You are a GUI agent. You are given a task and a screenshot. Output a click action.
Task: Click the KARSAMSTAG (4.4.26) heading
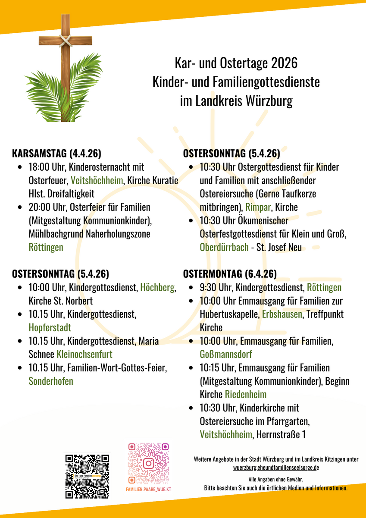[56, 153]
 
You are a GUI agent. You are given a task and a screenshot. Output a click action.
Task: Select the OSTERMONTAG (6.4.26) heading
[230, 274]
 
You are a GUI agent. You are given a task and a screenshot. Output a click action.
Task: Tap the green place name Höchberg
[157, 288]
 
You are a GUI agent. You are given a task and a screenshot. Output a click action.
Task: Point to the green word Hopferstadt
[50, 327]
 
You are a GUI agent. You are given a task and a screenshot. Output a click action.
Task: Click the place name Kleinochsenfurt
[84, 355]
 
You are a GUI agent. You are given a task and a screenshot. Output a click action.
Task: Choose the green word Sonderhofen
[51, 381]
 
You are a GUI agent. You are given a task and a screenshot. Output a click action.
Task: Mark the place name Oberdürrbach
[224, 248]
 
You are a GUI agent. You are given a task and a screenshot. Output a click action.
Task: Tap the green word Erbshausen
[282, 314]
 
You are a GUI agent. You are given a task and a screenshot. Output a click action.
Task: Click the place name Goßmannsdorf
[225, 355]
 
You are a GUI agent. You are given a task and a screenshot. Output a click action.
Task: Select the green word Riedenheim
[245, 395]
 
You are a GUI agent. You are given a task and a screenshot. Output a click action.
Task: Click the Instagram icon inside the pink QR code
[149, 463]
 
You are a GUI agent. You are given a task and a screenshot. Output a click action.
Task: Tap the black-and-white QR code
[87, 476]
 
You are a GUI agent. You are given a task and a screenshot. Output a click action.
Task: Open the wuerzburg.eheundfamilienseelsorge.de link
[276, 468]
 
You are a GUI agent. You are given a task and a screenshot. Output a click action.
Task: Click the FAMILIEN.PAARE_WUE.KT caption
[149, 490]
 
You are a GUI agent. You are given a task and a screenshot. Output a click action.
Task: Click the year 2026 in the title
[285, 63]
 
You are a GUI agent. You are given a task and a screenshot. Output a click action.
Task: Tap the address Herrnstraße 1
[281, 435]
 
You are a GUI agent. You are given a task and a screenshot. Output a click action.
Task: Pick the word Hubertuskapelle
[229, 314]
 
